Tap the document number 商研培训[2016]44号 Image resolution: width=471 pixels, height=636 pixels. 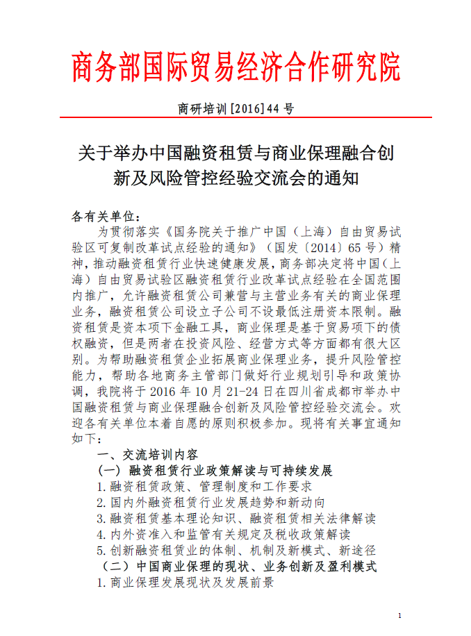(236, 109)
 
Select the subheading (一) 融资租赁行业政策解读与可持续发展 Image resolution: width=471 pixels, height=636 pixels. (215, 471)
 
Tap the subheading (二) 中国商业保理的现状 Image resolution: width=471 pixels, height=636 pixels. (236, 567)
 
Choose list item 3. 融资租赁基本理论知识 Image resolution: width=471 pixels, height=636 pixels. (236, 519)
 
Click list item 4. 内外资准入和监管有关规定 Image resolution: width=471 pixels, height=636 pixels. (223, 535)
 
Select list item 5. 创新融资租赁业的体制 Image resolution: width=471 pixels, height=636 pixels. (236, 551)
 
